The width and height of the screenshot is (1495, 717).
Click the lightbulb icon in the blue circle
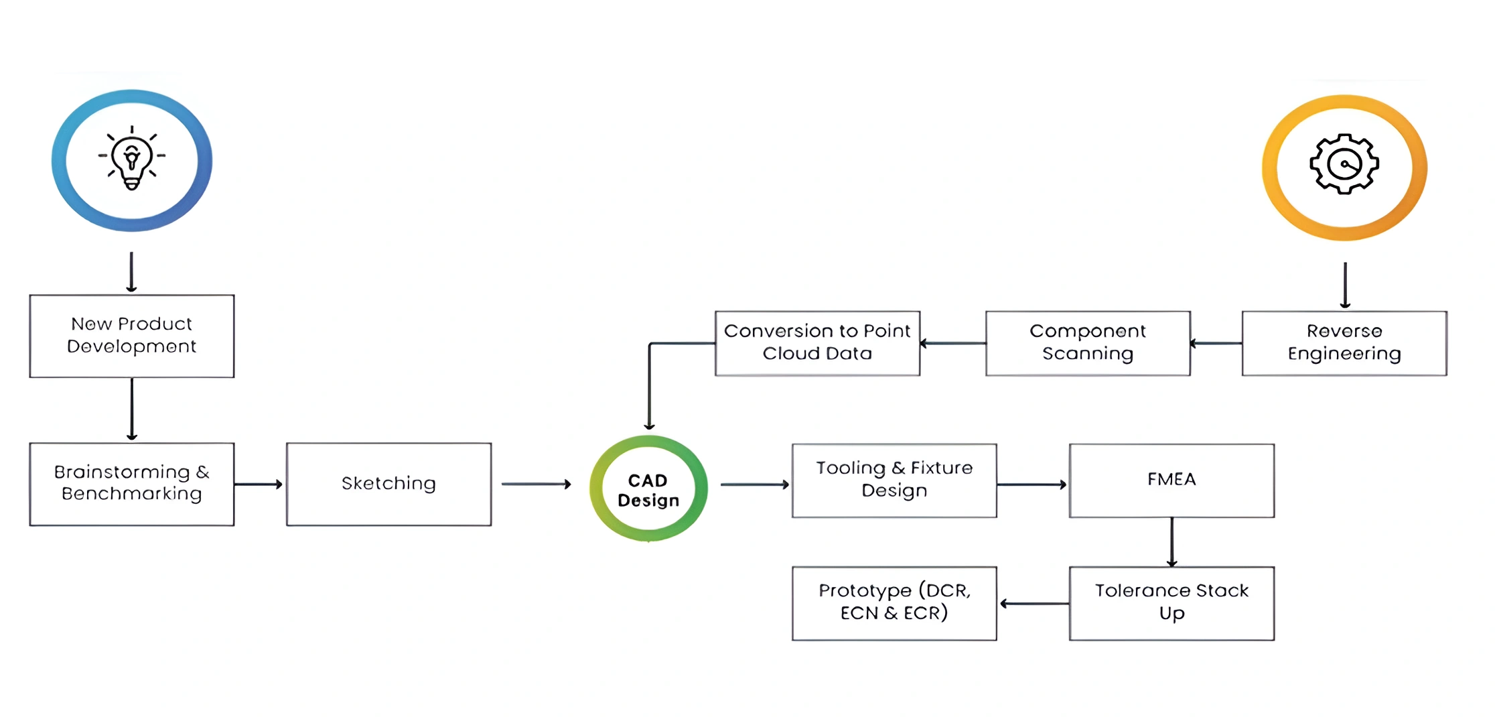pos(132,159)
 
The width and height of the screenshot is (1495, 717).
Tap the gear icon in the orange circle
pos(1344,165)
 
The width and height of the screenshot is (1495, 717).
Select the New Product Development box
pos(132,336)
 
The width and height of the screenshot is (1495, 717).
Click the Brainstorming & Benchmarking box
pos(132,483)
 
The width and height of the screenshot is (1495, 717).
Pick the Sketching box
pos(388,483)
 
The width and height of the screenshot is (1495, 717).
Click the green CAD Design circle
pos(648,488)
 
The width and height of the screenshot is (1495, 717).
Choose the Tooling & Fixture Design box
pos(894,480)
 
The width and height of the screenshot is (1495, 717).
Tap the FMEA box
pos(1171,480)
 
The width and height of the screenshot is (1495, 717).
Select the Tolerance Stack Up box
pos(1171,603)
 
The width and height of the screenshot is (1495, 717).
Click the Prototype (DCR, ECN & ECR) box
pos(894,603)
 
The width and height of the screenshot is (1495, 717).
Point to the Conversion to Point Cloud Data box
pos(817,342)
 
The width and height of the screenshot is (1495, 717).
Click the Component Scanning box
pos(1088,342)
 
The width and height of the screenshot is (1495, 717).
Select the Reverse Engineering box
pos(1344,342)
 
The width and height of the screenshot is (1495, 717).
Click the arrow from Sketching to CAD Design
pos(536,484)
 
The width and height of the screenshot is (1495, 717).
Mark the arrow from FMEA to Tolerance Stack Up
pos(1171,541)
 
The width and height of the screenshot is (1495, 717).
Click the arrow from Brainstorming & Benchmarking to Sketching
pos(259,484)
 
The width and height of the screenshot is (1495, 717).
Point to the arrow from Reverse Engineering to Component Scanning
pos(1216,343)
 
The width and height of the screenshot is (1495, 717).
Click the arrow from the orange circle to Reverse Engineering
pos(1345,285)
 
